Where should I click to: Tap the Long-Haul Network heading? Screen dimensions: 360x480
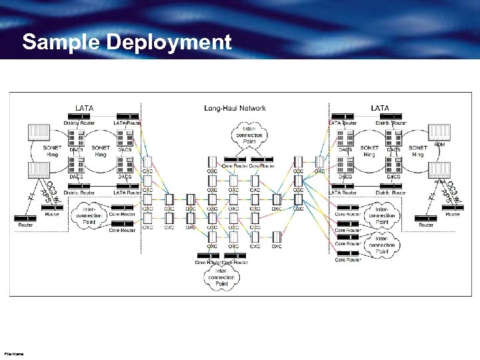pos(235,108)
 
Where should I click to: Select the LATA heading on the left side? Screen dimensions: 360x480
pos(84,107)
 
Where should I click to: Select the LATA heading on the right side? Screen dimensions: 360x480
pos(380,107)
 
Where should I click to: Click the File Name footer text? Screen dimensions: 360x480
pos(13,354)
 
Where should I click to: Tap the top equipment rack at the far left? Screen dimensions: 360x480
pos(39,132)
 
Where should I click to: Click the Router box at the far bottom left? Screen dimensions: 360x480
pos(25,219)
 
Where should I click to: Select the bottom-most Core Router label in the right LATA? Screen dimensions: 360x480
pos(348,260)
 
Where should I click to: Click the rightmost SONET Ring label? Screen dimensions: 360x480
pos(418,151)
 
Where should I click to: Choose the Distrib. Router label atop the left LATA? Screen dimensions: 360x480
pos(79,123)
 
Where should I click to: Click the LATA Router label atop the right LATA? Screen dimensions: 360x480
pos(343,123)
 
